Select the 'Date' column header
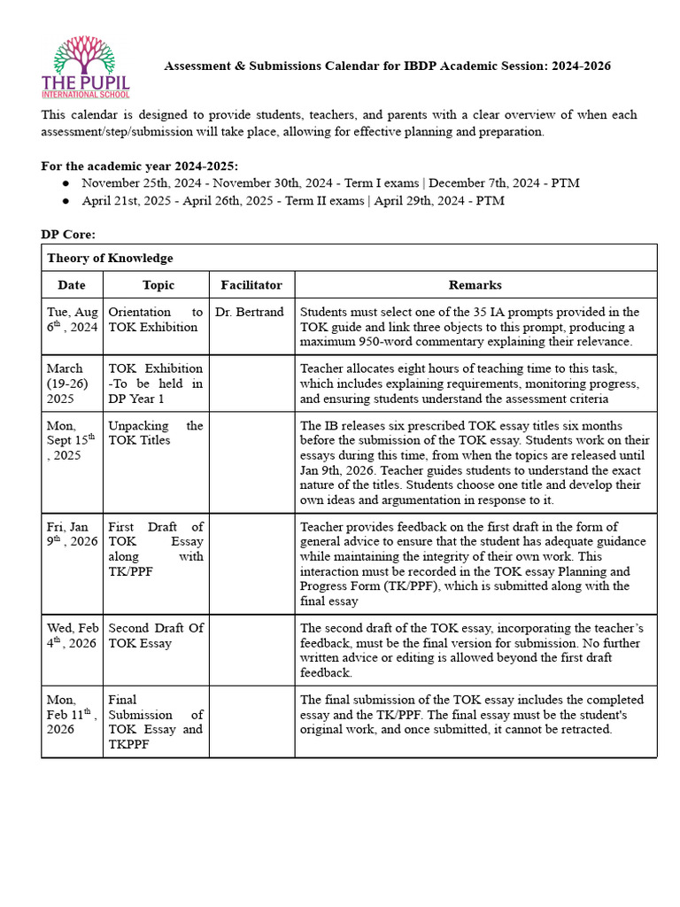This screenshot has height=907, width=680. [x=72, y=285]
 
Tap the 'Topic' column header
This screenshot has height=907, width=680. [x=158, y=285]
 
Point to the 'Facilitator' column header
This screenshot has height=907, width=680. [x=251, y=285]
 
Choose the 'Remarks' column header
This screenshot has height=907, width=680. [x=475, y=285]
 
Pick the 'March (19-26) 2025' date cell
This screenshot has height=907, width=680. [x=67, y=383]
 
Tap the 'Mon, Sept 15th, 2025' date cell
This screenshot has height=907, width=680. [x=71, y=441]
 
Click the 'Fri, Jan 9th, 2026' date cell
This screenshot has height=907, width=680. [x=71, y=534]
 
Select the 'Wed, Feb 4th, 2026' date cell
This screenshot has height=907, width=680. [x=72, y=635]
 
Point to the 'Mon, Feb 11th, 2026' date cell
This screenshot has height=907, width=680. [x=72, y=715]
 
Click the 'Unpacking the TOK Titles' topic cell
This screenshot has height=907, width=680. [x=155, y=433]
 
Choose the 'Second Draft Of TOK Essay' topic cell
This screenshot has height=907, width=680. [x=155, y=635]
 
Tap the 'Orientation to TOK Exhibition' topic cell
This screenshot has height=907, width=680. [x=155, y=320]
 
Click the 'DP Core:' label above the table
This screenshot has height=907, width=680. [x=68, y=234]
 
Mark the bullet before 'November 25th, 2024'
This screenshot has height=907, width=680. [x=66, y=183]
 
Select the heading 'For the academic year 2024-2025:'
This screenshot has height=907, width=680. [x=140, y=166]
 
